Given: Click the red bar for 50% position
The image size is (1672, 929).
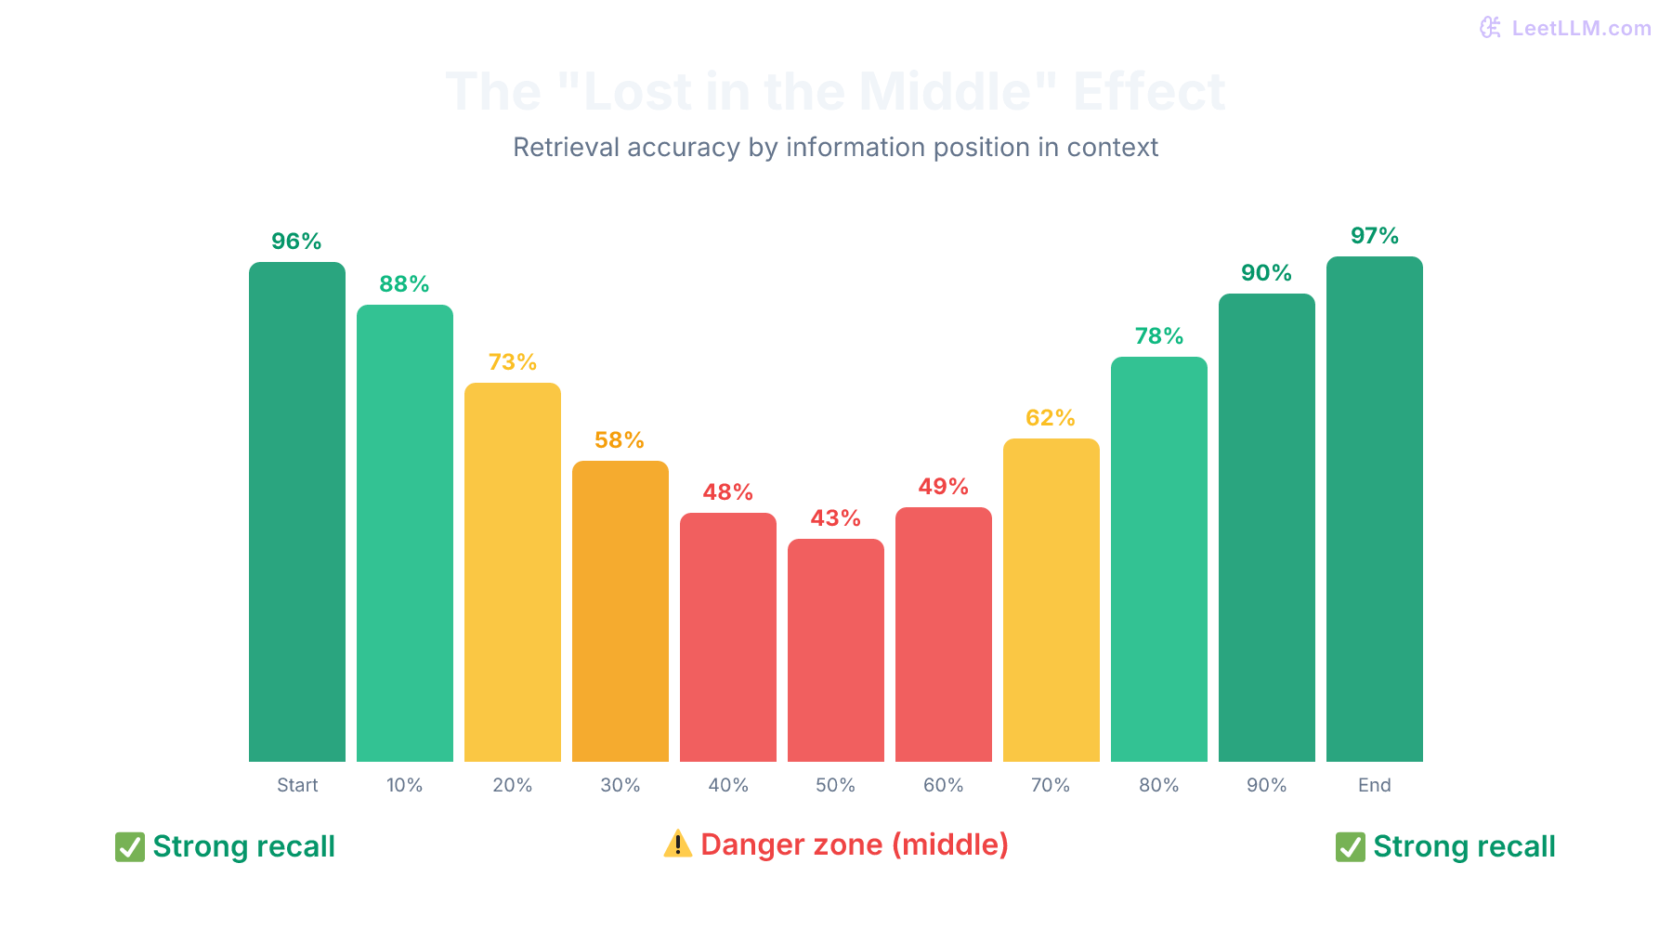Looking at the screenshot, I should tap(835, 650).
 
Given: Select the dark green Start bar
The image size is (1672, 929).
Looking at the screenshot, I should tap(296, 511).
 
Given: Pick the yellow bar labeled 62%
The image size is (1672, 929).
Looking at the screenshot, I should tap(1051, 600).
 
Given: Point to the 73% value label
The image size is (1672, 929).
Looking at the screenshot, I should tap(512, 362).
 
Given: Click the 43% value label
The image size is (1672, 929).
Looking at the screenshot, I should tap(835, 518).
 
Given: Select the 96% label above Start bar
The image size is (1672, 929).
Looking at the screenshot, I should tap(296, 242).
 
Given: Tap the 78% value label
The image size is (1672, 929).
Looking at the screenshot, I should tap(1158, 336).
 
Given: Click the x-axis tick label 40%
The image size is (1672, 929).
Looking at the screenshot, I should tap(727, 785).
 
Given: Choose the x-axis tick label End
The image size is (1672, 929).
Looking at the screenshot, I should tap(1374, 785).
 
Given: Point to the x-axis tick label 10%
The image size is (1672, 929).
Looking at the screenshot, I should tap(404, 785).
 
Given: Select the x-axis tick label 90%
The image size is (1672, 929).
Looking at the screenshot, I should tap(1266, 785).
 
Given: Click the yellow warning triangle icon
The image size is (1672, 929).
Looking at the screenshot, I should tap(677, 844).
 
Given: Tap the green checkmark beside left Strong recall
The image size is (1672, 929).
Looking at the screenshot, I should tap(129, 846).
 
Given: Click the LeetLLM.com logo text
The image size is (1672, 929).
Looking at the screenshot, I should tap(1580, 28).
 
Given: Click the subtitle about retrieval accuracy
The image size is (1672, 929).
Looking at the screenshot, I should tap(835, 147).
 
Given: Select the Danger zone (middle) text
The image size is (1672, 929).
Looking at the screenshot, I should tap(854, 844).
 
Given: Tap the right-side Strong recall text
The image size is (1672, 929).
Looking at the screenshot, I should tap(1464, 846).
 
